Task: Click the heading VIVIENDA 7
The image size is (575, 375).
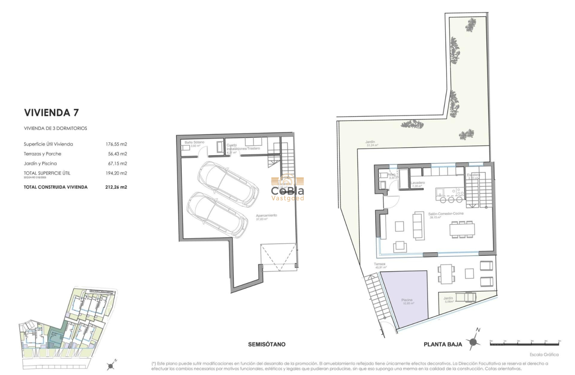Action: coord(51,112)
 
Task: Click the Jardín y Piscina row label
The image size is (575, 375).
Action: coord(40,164)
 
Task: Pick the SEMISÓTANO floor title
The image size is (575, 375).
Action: coord(267,344)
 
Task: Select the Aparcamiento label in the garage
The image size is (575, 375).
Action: coord(266,216)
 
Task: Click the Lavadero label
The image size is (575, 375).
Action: coord(418,183)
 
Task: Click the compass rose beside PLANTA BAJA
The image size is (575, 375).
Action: coord(474,341)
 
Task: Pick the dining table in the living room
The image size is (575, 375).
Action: coord(462,229)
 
